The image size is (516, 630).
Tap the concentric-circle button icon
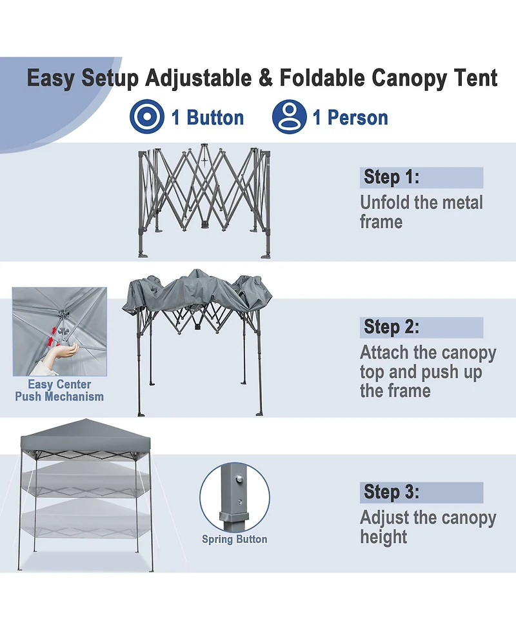coord(147,117)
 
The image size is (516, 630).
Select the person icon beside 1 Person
coord(289,117)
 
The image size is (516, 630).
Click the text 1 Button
coord(207,118)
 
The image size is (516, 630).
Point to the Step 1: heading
coord(392,177)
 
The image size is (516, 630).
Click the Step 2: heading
coord(392,327)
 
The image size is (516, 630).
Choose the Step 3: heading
coord(392,493)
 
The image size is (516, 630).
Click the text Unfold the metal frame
coord(421,212)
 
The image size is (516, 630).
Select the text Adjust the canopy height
coord(428,527)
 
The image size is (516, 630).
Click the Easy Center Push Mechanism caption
coord(59,391)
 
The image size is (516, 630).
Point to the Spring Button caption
coord(234,539)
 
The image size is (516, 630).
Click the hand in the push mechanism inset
coord(64,352)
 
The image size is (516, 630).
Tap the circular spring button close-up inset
coord(234,497)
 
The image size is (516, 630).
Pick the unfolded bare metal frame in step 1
coord(203,200)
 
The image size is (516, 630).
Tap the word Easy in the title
coord(52,79)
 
